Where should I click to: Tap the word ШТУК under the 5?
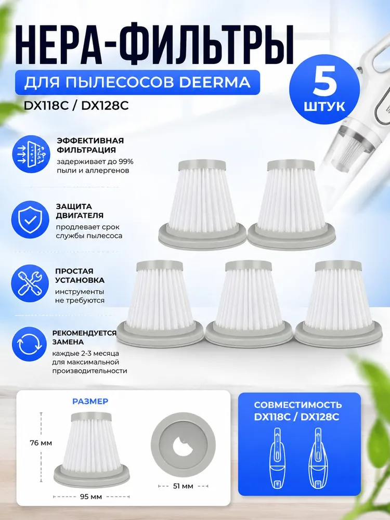(x=324, y=107)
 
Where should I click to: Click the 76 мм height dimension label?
(x=40, y=443)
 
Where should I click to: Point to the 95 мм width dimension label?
(x=91, y=497)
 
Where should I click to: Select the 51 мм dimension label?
(x=183, y=486)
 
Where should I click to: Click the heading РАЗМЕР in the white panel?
(x=90, y=401)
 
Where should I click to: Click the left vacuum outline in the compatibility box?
(x=278, y=458)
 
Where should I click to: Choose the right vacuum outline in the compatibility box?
(x=318, y=458)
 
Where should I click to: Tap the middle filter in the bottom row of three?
(x=249, y=304)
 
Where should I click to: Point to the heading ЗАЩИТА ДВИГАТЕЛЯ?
(x=80, y=211)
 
